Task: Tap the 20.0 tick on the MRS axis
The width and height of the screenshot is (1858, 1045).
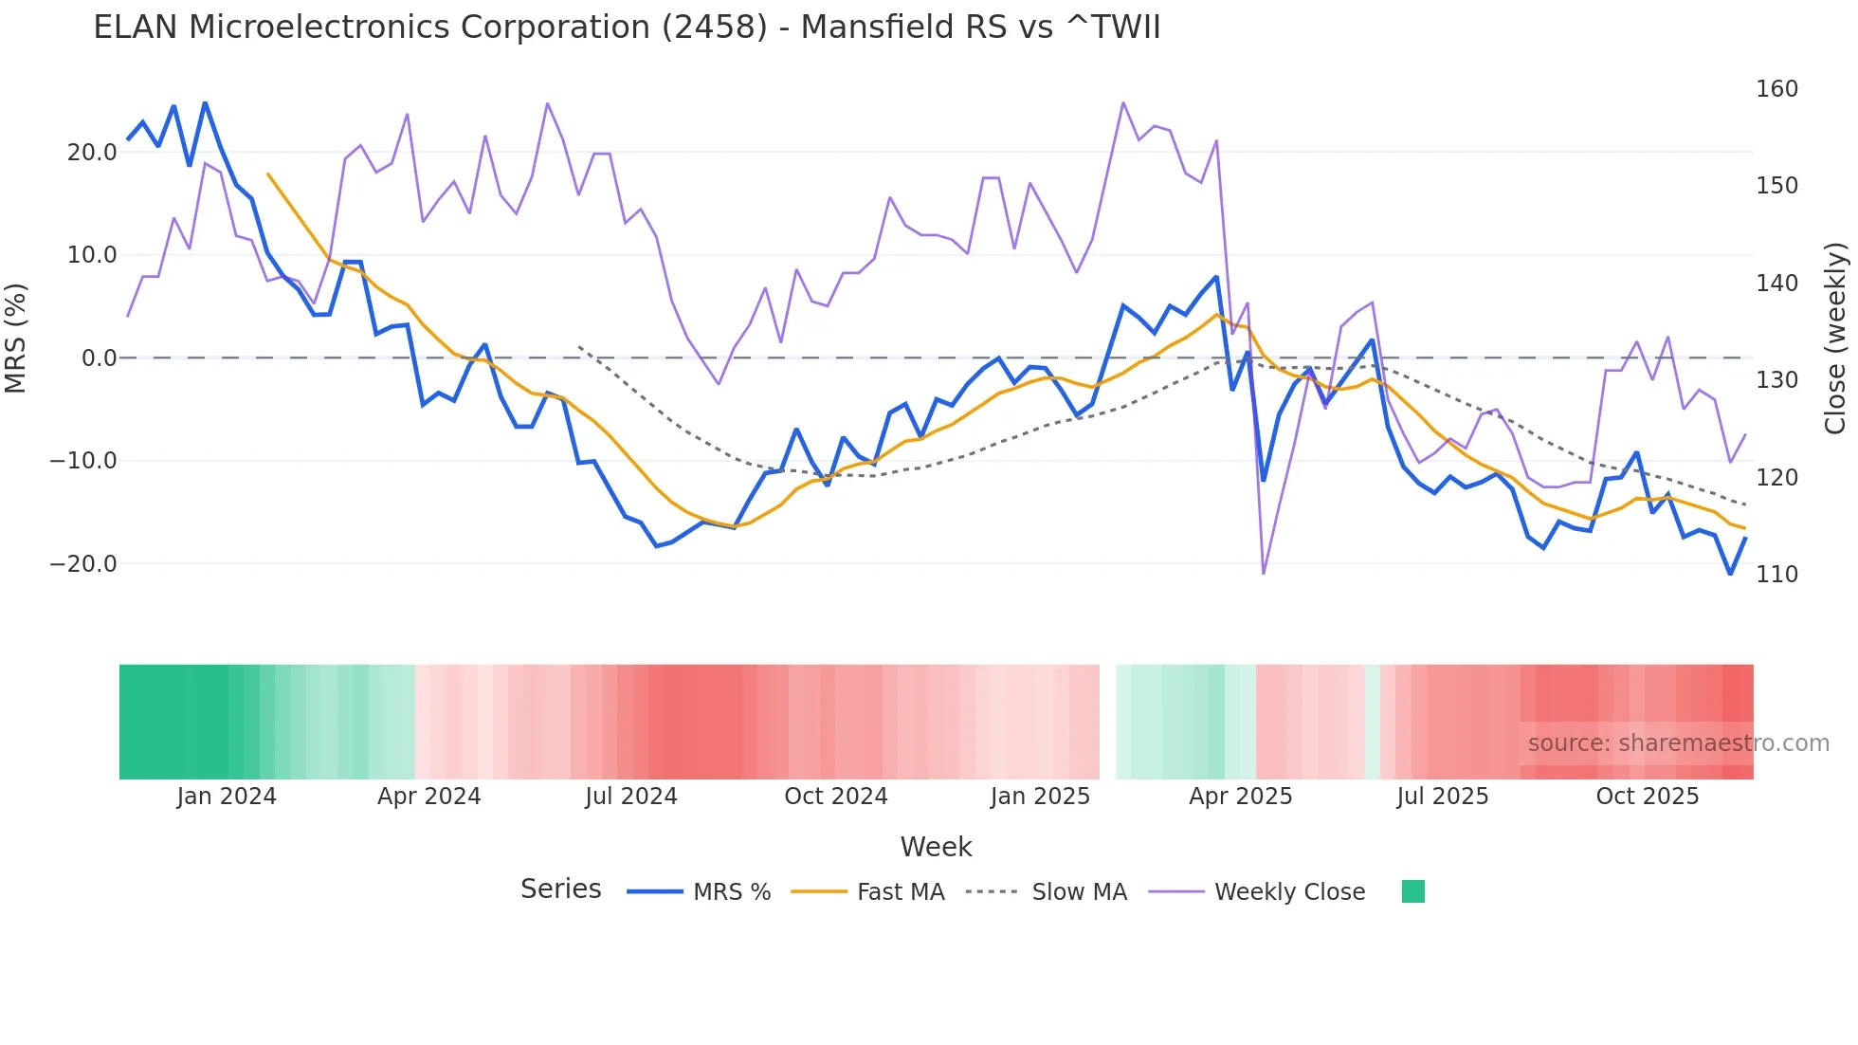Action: [x=92, y=153]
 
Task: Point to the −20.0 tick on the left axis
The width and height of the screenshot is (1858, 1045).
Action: [x=83, y=564]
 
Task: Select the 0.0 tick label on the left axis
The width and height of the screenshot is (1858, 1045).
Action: [x=100, y=358]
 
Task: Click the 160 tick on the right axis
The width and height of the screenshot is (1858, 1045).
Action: [x=1776, y=89]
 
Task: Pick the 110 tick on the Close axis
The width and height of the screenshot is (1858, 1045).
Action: [x=1776, y=575]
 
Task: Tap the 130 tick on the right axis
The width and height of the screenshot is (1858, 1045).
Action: [x=1776, y=380]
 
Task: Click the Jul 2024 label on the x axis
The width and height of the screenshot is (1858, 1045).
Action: [x=631, y=797]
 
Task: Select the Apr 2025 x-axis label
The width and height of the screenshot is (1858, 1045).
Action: [x=1241, y=797]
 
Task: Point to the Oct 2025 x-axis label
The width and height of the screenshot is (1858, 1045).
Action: [x=1648, y=797]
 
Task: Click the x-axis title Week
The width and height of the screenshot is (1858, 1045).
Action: [x=936, y=847]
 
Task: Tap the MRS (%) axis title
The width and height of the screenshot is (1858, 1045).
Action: [x=16, y=339]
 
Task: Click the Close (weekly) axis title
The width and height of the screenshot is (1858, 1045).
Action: [x=1835, y=339]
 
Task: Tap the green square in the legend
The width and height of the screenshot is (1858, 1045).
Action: [x=1413, y=891]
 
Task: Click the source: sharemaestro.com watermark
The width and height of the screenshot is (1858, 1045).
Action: [x=1678, y=743]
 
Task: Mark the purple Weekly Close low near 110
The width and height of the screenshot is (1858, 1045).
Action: [x=1264, y=573]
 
